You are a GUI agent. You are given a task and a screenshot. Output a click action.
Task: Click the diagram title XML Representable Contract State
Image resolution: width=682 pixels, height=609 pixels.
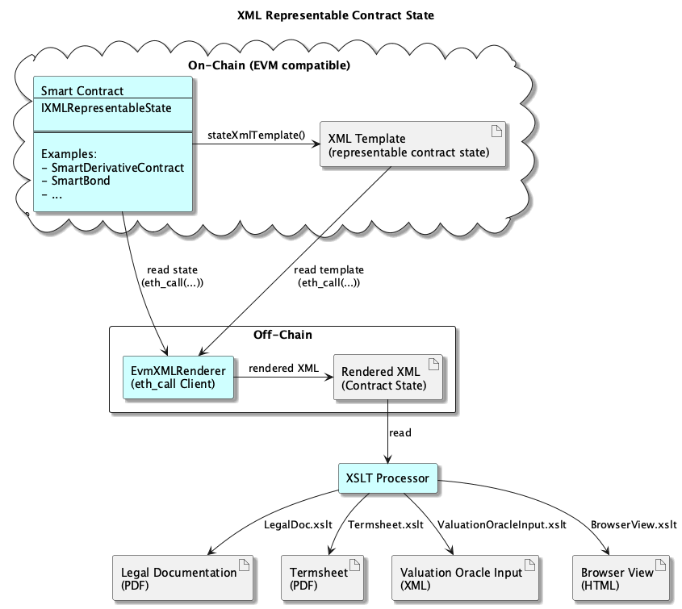coord(341,15)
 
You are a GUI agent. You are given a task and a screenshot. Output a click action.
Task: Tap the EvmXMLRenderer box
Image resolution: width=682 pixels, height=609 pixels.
coord(178,377)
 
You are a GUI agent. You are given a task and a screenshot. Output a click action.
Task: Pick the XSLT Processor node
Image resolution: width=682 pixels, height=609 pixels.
coord(388,478)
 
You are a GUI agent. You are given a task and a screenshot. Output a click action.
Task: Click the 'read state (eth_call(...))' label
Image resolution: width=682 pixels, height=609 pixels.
coord(172,276)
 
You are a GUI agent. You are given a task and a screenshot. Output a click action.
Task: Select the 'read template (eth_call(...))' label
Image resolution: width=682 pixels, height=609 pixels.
coord(329,276)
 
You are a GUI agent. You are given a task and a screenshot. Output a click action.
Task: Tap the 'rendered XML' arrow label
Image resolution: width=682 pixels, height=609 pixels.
coord(283,368)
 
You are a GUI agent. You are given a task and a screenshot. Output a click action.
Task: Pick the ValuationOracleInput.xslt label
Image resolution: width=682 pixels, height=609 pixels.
coord(502,524)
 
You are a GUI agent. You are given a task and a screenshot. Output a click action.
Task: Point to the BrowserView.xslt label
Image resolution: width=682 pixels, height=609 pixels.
coord(633,524)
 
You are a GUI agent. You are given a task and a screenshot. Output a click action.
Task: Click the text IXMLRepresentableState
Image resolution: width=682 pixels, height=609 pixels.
coord(106,107)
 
